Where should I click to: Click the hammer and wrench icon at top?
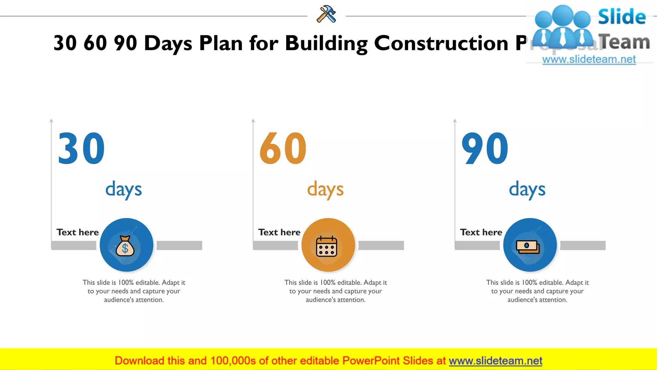326,14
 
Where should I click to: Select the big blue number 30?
81,149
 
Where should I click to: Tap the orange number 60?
283,149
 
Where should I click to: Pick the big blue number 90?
485,149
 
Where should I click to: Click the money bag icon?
125,246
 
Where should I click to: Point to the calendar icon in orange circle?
327,246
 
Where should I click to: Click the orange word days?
325,189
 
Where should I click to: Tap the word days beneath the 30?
124,189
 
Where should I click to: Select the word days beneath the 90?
527,189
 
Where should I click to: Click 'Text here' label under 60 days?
279,232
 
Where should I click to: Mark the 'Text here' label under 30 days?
78,232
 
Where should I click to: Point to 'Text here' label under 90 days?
481,232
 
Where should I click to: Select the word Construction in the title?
441,43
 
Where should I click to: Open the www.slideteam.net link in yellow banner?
495,361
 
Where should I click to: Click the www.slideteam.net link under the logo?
589,59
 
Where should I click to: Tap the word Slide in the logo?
622,17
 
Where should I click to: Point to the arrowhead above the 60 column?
253,121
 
